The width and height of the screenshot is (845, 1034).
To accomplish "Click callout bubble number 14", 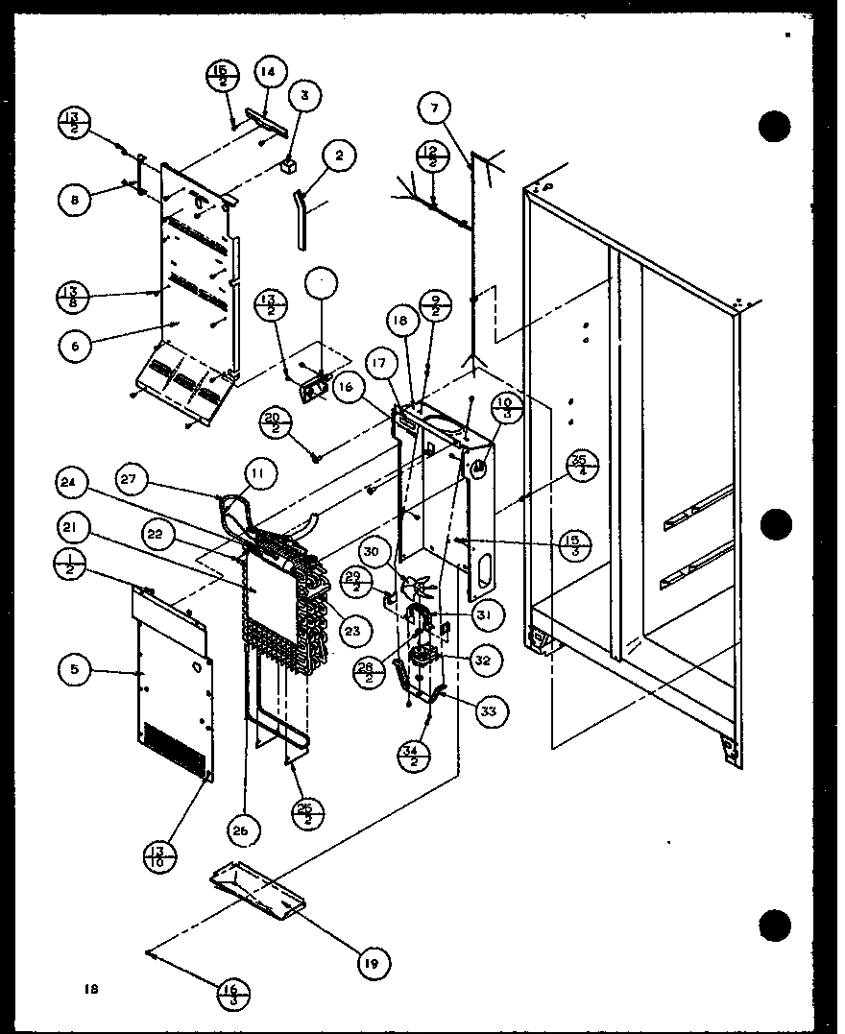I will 269,71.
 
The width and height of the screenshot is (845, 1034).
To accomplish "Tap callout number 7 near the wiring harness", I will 434,109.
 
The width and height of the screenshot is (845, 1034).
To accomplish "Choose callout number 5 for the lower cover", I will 75,671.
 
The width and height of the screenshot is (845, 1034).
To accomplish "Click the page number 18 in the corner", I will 91,988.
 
